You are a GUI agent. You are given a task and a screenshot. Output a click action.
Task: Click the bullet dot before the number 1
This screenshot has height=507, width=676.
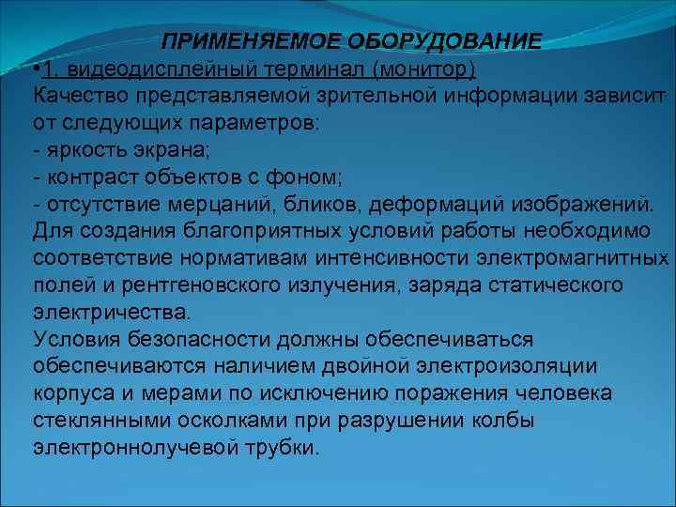click(35, 69)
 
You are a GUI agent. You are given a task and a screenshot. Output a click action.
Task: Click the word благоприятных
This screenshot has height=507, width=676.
click(255, 231)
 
